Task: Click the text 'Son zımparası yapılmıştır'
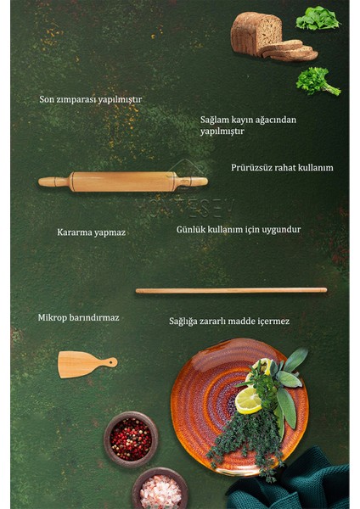coord(90,99)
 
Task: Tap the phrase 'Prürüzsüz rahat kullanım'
coord(282,168)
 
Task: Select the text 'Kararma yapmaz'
coord(91,232)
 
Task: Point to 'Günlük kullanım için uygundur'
coord(238,229)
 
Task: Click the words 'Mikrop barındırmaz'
coord(78,318)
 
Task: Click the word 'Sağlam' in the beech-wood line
coord(216,120)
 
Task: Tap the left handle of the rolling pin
coord(53,182)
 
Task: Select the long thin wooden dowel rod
coord(231,290)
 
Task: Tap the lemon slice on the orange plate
coord(248,399)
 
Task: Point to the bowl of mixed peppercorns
coord(131,439)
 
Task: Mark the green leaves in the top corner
coord(318,19)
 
